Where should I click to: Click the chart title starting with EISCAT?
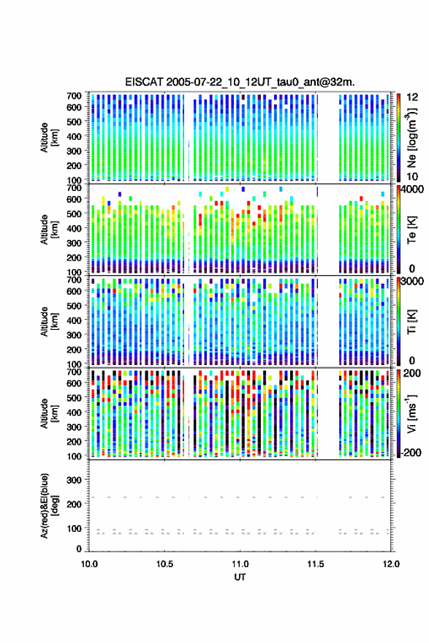(240, 82)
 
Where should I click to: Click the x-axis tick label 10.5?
(164, 564)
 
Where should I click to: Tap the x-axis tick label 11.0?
(240, 564)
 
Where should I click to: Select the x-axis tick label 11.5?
(316, 564)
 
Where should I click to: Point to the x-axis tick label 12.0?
(391, 564)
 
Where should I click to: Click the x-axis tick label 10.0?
(89, 564)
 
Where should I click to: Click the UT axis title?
(240, 577)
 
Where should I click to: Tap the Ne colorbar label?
(411, 138)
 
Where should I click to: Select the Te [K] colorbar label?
(411, 230)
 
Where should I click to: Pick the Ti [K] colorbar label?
(411, 322)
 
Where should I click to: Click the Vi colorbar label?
(411, 413)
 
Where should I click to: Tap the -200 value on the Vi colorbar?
(411, 453)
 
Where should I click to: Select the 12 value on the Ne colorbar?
(413, 97)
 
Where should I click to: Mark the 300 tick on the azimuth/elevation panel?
(75, 480)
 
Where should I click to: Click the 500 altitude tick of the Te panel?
(75, 214)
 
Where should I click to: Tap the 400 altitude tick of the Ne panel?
(75, 136)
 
